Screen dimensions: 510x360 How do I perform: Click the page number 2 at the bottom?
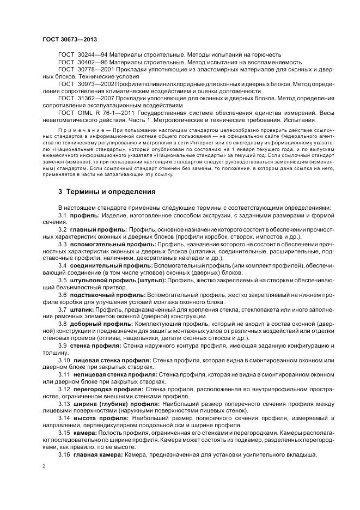[44, 467]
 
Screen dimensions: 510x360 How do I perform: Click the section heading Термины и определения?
[103, 192]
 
